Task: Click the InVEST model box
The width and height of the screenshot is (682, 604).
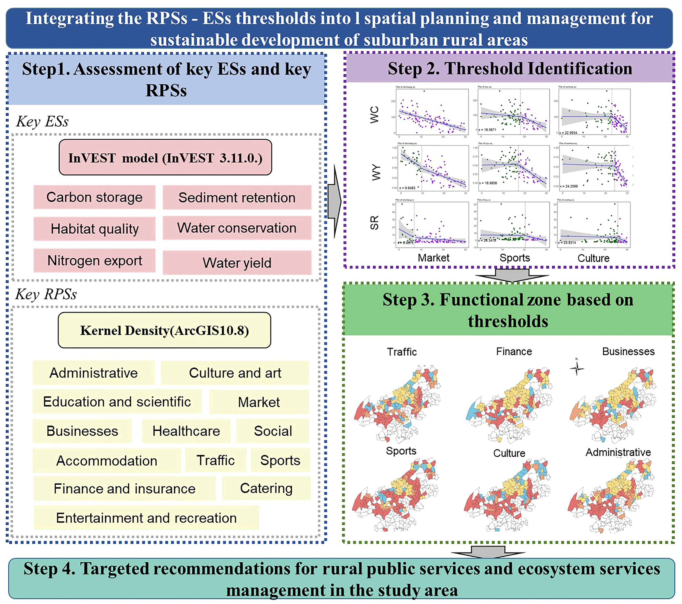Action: point(165,157)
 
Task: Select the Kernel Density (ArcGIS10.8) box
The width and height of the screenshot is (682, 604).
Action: point(165,330)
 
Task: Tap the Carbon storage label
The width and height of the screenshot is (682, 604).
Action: point(94,197)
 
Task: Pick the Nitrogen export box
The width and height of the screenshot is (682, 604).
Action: point(94,261)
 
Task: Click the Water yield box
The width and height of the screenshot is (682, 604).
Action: point(237,263)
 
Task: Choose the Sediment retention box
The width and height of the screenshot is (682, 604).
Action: point(237,198)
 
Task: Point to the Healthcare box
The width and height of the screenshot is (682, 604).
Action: point(186,431)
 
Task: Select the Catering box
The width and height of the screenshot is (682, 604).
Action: point(266,488)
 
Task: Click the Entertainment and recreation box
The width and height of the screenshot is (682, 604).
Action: point(147,518)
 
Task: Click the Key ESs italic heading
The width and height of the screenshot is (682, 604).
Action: point(42,121)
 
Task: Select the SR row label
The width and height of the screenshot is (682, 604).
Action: point(375,223)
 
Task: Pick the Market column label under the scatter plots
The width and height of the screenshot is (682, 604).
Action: point(433,258)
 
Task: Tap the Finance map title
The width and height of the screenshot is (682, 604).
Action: point(514,351)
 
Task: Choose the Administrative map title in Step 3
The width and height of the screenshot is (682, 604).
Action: point(618,452)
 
